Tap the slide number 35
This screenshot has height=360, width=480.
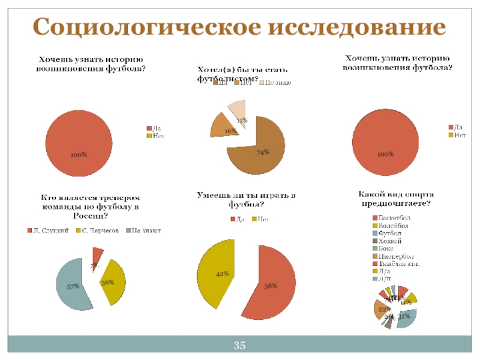(240, 345)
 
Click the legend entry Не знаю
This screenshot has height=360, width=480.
(275, 82)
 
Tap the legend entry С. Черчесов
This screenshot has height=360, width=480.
(101, 230)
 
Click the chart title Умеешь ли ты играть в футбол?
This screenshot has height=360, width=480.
(247, 200)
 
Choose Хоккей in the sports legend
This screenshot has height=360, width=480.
(390, 240)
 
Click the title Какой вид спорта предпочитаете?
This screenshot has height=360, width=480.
(395, 199)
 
